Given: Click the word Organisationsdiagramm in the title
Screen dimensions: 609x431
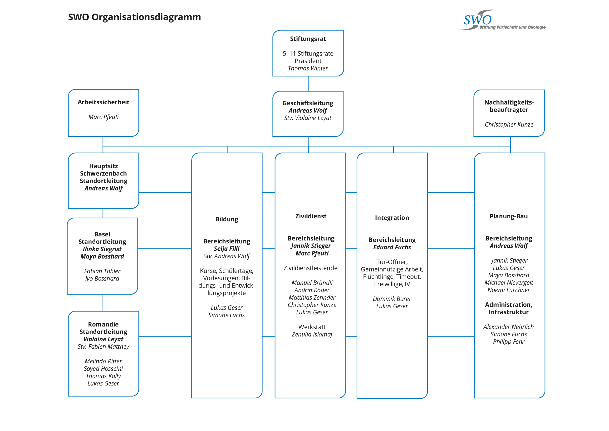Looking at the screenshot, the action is (146, 17).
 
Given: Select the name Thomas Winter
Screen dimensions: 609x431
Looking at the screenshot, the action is (308, 68).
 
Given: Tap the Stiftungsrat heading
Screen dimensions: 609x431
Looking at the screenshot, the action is (308, 39).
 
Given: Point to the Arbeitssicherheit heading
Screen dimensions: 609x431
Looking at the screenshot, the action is (103, 102).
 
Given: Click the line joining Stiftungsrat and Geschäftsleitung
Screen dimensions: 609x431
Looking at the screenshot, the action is (308, 84).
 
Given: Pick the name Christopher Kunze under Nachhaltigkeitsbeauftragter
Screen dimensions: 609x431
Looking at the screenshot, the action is (509, 125).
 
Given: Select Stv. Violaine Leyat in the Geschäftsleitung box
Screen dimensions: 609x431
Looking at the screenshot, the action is (308, 118).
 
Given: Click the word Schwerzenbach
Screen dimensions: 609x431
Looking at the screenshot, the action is (103, 173).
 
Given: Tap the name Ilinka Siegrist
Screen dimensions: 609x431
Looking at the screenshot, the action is (102, 249).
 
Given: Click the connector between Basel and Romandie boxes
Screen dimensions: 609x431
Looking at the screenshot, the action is (103, 303).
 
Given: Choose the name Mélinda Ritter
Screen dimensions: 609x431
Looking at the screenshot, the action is (103, 361).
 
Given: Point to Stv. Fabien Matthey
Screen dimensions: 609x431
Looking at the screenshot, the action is (103, 346).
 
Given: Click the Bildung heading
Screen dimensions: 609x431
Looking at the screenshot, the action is (227, 219).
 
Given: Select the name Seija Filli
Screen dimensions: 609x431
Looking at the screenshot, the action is (227, 249).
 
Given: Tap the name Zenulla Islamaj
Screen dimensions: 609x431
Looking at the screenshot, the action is (312, 334).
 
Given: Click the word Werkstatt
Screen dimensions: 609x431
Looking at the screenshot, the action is (312, 327).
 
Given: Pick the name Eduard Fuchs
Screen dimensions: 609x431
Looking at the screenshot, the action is (392, 247).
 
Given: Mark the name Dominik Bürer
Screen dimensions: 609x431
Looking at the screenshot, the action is (392, 299).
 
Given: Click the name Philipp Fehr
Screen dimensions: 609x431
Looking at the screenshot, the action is (509, 342).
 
